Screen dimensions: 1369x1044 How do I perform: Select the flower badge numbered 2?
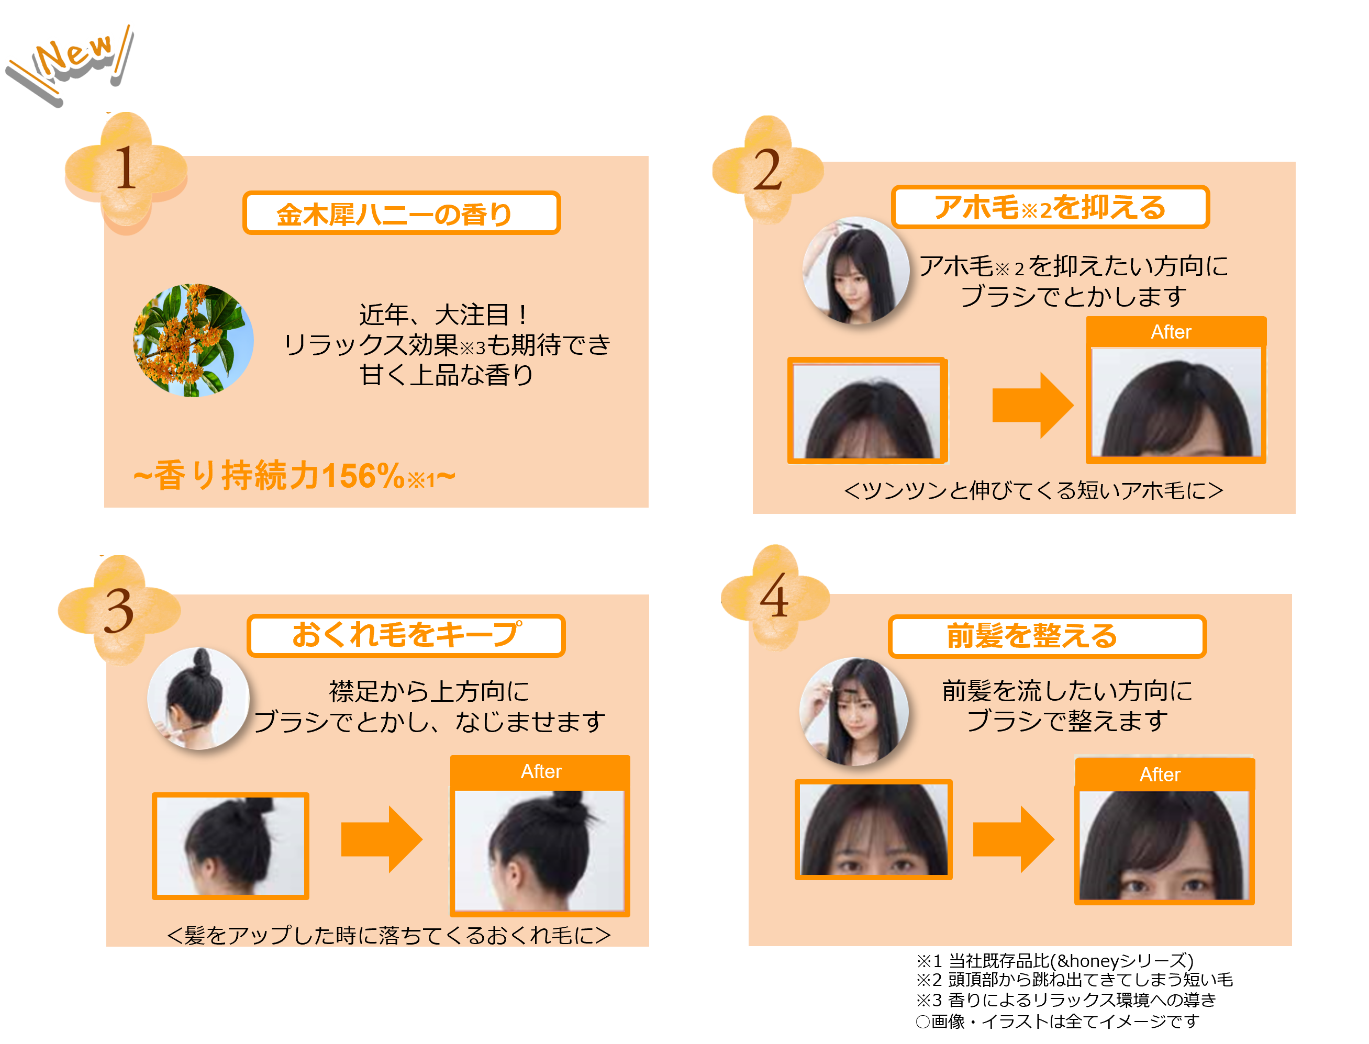pos(768,170)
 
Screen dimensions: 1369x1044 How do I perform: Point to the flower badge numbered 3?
pos(119,610)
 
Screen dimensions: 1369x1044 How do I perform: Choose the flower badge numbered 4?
pos(775,597)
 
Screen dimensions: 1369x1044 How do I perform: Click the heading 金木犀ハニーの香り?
pos(401,213)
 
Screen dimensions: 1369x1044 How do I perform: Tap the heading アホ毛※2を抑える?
pos(1050,207)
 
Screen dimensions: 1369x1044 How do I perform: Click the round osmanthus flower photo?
pos(193,341)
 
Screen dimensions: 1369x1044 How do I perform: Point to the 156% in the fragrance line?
pos(363,477)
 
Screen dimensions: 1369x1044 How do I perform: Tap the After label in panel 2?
pos(1171,332)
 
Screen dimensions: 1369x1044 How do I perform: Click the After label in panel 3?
pos(541,771)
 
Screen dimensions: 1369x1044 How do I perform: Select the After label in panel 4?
pos(1160,774)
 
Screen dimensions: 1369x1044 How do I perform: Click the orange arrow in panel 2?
pos(1032,405)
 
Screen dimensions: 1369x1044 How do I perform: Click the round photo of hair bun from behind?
pos(198,699)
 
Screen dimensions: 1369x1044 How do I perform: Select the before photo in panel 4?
pos(874,829)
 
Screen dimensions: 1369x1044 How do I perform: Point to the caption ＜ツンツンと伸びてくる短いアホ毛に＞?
pos(1033,491)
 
